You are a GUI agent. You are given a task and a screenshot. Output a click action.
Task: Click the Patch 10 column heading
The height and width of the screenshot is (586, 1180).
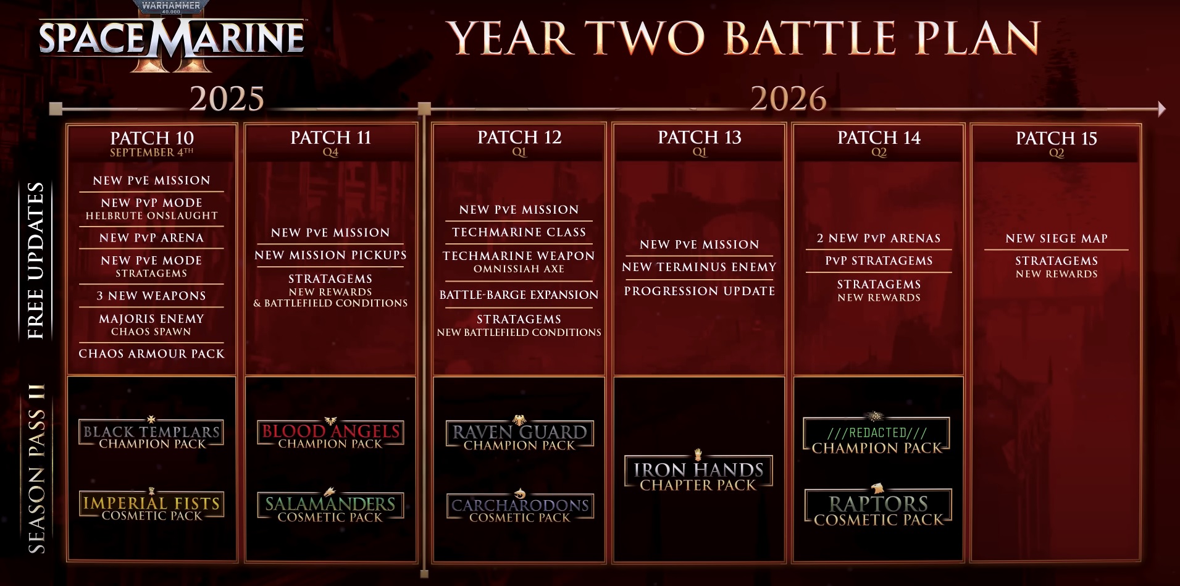tap(152, 138)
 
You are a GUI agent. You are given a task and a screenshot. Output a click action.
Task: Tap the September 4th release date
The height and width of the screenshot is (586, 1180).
tap(152, 153)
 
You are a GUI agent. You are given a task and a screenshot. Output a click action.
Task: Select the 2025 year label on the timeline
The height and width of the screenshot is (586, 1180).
tap(227, 99)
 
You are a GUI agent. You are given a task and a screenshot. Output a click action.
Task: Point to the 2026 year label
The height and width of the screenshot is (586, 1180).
tap(789, 99)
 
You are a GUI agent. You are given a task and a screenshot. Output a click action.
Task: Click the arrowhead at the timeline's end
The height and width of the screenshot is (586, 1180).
tap(1162, 109)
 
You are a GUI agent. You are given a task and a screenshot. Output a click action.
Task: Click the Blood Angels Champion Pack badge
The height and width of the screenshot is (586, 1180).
tap(330, 433)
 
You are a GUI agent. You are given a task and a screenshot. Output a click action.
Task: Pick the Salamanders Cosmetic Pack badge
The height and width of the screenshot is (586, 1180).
tap(330, 506)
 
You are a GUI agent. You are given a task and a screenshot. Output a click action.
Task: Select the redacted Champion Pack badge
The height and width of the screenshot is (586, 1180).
tap(877, 436)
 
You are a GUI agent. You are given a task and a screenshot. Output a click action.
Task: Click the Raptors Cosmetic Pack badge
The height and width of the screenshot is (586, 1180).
tap(878, 506)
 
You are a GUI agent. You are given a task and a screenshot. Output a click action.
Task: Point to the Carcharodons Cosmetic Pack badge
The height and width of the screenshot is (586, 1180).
tap(520, 508)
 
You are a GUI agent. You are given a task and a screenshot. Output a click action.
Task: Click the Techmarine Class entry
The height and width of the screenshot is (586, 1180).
tap(519, 232)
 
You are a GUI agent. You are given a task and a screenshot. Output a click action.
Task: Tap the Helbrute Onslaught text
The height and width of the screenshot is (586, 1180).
tap(152, 216)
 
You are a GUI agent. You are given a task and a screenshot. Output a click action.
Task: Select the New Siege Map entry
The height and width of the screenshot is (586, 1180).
tap(1057, 238)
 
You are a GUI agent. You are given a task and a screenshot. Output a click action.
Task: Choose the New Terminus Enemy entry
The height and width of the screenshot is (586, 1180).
tap(699, 267)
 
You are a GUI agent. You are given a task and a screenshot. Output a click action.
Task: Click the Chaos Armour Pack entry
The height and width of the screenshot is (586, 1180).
tap(152, 354)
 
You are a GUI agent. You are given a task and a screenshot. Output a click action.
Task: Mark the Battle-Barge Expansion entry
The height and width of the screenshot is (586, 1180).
tap(519, 295)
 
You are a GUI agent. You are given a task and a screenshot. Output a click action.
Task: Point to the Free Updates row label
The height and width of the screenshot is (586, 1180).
tap(36, 260)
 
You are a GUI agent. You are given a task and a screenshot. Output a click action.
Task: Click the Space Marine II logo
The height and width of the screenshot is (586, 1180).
tap(171, 37)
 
